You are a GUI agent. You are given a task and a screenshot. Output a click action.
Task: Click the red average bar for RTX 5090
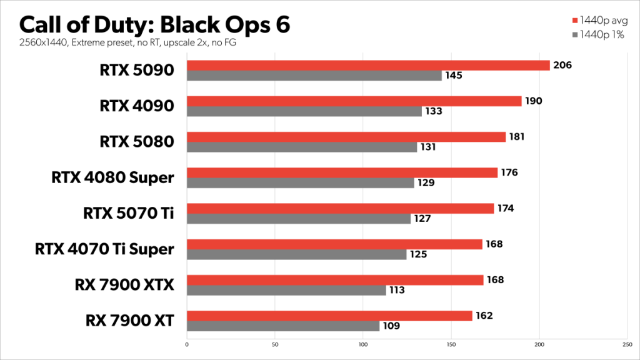click(x=368, y=66)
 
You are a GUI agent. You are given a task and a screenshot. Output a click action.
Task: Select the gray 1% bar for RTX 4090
click(x=304, y=112)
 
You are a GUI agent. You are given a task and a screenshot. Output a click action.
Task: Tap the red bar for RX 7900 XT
click(x=329, y=316)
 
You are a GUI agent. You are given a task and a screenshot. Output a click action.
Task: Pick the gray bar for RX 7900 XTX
click(x=286, y=290)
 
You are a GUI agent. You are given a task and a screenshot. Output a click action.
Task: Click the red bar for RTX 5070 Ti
click(x=340, y=209)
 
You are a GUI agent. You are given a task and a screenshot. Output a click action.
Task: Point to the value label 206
click(x=562, y=65)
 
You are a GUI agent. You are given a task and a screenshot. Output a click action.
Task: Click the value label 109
click(x=391, y=326)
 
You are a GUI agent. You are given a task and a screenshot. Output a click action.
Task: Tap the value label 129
click(x=426, y=183)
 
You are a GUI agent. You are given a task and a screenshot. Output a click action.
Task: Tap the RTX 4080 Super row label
click(x=112, y=178)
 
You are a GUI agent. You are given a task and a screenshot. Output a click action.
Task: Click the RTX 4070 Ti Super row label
click(x=104, y=249)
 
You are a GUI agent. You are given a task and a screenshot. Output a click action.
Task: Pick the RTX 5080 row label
click(x=136, y=142)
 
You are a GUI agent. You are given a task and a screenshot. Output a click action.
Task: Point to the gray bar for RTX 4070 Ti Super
click(x=296, y=254)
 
